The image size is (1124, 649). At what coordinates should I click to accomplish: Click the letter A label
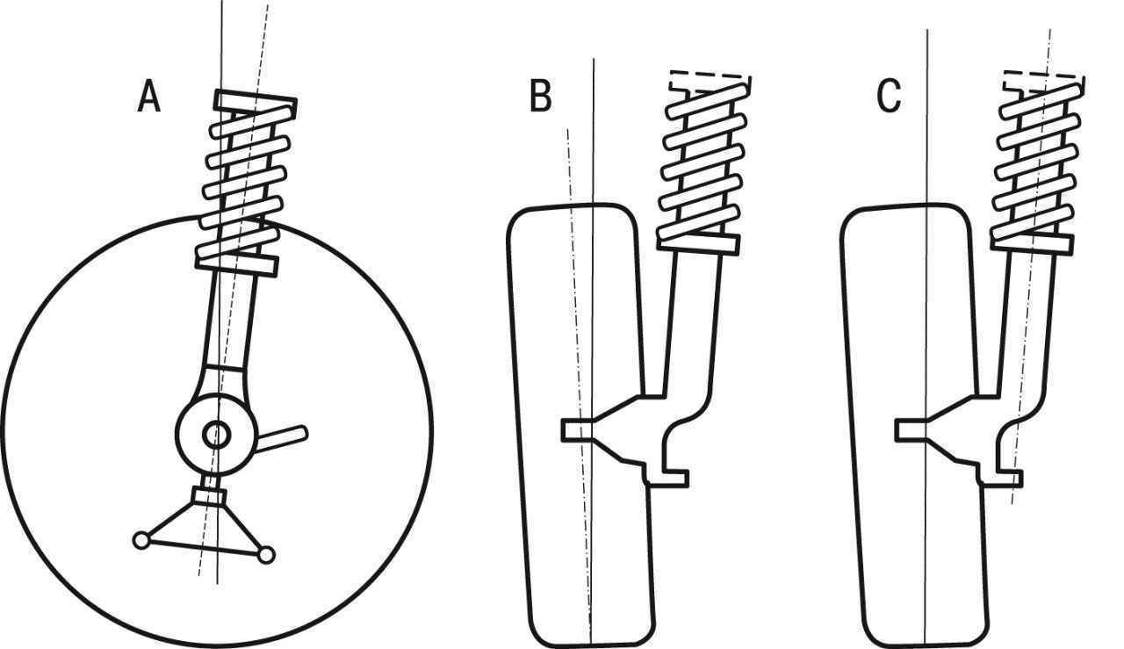149,96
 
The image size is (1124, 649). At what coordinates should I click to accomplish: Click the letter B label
541,96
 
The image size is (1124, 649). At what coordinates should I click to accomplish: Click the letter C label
889,96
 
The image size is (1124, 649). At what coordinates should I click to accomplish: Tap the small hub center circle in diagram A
217,435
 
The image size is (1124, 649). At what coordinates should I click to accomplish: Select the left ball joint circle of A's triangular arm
141,541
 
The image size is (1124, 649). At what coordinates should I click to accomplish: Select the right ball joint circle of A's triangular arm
266,555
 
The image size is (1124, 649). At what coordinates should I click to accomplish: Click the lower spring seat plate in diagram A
237,264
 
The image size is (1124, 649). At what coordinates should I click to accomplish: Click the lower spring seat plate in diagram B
698,243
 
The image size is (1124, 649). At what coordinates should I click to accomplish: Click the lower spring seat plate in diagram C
1033,243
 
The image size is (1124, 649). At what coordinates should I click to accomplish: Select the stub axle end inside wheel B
577,430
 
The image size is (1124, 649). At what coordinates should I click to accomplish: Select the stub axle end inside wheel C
911,430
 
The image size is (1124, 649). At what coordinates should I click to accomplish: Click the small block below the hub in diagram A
209,496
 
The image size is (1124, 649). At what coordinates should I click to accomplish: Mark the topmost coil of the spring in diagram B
707,102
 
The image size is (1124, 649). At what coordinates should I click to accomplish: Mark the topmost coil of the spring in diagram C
1041,102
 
